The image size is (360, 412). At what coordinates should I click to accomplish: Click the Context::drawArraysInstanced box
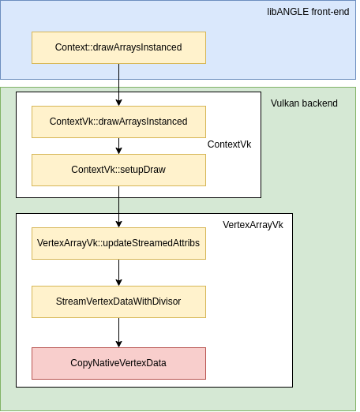118,47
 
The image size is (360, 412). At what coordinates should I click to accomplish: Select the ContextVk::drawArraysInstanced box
118,122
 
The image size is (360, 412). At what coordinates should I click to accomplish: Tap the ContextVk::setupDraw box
118,170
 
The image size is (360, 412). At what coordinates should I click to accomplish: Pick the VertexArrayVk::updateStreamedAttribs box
118,243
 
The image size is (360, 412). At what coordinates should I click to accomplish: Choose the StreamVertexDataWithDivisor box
118,302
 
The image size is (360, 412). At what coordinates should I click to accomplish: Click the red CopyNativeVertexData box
118,363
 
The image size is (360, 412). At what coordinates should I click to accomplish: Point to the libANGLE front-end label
308,12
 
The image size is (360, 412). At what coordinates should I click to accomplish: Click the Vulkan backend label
304,103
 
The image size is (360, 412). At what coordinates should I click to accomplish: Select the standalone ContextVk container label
229,144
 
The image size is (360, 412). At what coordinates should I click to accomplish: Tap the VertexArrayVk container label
253,225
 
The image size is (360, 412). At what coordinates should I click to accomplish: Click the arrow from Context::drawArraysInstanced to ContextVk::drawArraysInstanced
118,84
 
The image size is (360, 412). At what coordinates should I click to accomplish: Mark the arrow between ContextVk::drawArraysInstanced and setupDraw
118,146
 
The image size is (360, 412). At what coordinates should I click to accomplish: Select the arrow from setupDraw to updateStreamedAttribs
118,207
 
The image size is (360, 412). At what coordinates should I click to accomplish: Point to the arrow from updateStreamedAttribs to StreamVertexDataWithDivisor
118,272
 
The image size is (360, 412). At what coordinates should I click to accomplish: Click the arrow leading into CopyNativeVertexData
118,332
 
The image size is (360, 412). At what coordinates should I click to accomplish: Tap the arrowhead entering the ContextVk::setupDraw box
118,151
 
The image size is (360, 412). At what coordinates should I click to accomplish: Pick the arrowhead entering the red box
118,344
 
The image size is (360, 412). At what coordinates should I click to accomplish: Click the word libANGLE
288,12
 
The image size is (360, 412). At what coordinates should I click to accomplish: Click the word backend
320,103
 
